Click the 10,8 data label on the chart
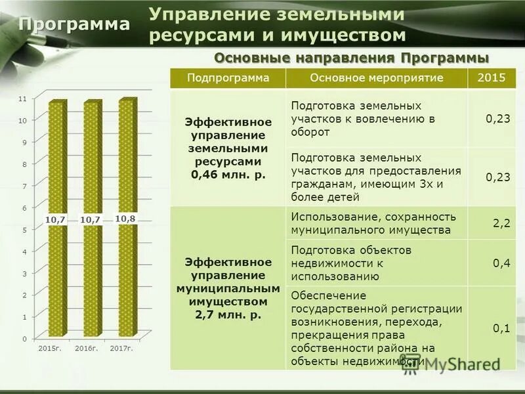[x=125, y=219]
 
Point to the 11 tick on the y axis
[x=23, y=98]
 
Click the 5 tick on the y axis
[x=24, y=230]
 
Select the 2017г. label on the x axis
[x=121, y=347]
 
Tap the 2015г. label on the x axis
[x=50, y=347]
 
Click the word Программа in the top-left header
[x=74, y=24]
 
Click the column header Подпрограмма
[x=228, y=78]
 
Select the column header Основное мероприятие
[x=377, y=78]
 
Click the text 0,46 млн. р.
[x=228, y=174]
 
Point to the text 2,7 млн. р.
[x=228, y=315]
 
